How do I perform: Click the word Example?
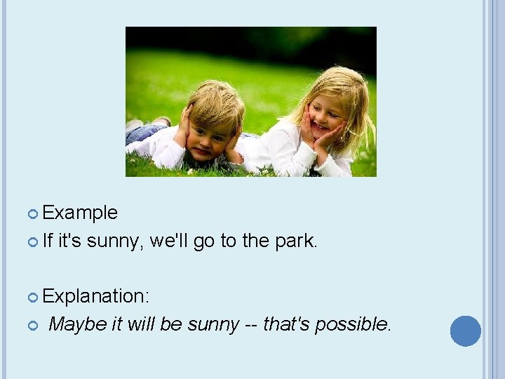[x=80, y=213]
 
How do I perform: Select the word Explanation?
[x=95, y=296]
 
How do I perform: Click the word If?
[x=48, y=241]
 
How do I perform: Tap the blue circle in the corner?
[x=466, y=331]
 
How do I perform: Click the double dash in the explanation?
[x=250, y=324]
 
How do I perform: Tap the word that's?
[x=287, y=324]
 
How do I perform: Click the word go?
[x=204, y=241]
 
